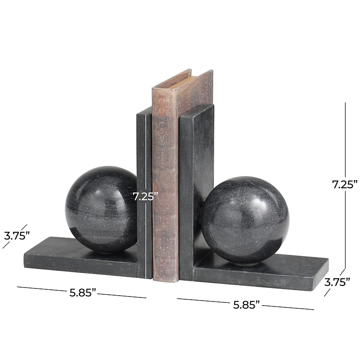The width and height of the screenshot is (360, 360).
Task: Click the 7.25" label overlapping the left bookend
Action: click(x=145, y=196)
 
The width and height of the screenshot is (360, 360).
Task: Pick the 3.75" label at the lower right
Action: click(x=337, y=282)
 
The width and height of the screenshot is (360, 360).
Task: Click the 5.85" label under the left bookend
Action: click(x=83, y=292)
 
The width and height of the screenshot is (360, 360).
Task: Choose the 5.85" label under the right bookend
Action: click(x=247, y=304)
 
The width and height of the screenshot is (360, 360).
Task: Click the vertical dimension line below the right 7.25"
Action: click(x=345, y=229)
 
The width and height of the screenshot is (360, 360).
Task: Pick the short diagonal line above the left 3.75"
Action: click(x=23, y=227)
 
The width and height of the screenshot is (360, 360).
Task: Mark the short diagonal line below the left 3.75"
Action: click(x=6, y=244)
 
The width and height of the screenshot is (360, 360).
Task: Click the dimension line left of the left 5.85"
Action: click(x=40, y=288)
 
